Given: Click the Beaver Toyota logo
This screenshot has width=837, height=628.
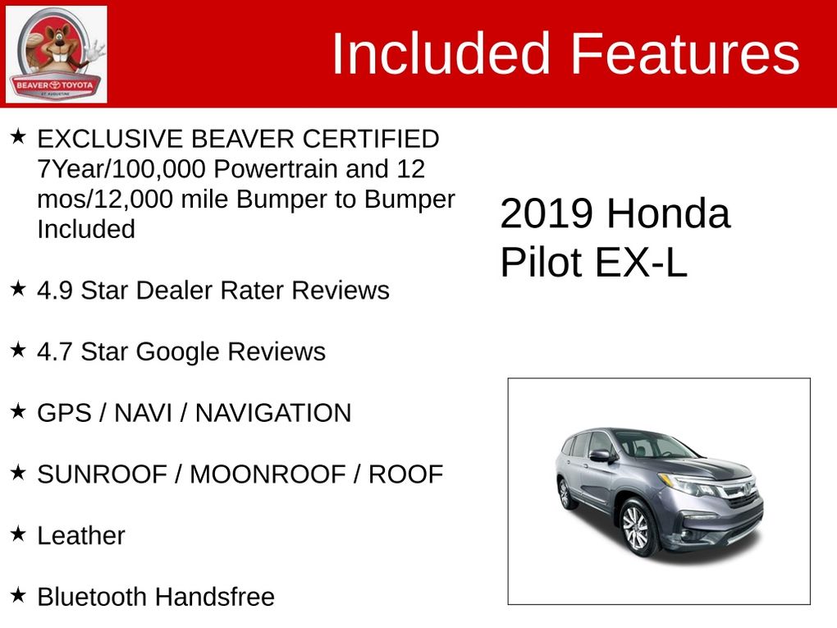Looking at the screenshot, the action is [x=56, y=54].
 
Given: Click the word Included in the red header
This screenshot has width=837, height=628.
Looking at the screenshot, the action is [x=441, y=53].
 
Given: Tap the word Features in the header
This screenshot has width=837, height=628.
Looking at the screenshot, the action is [x=685, y=53].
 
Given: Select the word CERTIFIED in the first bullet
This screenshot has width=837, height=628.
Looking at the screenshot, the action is [x=371, y=139].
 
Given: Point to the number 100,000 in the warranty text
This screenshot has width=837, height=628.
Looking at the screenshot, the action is [x=159, y=169].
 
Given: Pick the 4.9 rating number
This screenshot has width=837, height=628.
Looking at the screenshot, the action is [x=55, y=291].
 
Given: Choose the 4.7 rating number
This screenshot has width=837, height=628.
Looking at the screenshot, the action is [x=55, y=351].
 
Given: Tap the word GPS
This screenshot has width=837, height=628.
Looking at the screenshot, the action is [x=64, y=413].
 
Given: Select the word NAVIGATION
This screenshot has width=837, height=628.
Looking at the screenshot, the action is [x=273, y=413].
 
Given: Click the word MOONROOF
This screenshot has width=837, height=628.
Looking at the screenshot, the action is [x=268, y=474].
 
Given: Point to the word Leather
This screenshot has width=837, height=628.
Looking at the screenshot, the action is [x=81, y=535].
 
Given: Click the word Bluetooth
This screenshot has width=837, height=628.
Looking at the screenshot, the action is [x=93, y=597].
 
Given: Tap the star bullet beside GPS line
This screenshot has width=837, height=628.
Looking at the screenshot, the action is [x=18, y=410].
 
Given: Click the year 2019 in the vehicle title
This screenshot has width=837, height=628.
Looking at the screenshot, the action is [x=547, y=213].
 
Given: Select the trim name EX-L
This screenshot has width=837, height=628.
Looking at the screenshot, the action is [x=641, y=262].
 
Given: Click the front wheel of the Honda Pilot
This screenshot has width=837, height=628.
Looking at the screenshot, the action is [x=635, y=527].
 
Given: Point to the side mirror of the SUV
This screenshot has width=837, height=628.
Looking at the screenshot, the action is [x=602, y=456].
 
